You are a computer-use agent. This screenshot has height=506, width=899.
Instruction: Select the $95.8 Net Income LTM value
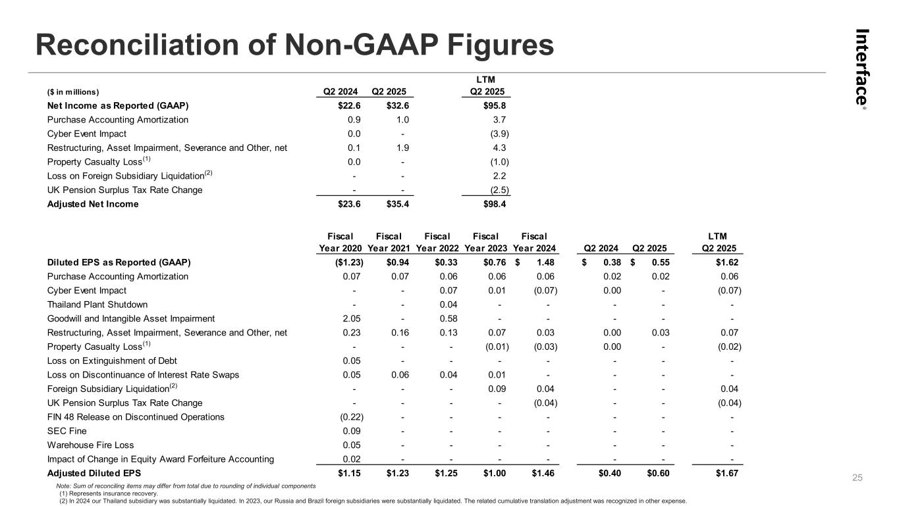click(495, 105)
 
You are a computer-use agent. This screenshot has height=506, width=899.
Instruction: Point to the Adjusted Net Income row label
click(93, 204)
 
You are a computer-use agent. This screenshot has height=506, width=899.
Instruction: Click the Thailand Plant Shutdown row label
click(97, 304)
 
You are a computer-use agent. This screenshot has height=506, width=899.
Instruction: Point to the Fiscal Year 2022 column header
click(437, 242)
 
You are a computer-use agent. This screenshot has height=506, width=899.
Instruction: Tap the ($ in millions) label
click(73, 92)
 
